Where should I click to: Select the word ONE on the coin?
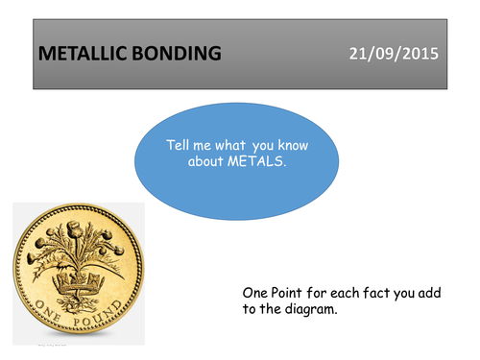tap(50, 313)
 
